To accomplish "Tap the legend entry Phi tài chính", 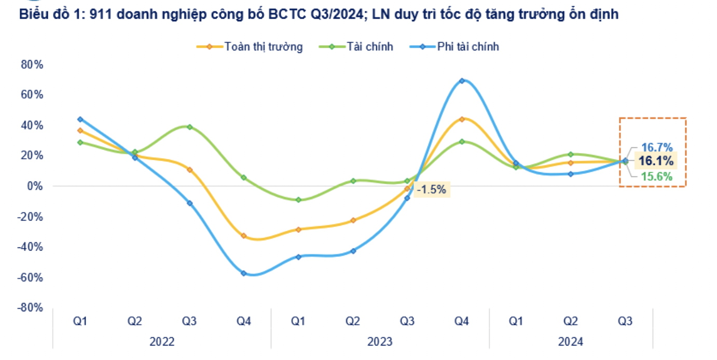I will pyautogui.click(x=467, y=47).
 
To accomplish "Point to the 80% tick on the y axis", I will pyautogui.click(x=32, y=64).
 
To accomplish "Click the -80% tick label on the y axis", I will pyautogui.click(x=31, y=307).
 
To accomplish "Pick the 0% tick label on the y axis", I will pyautogui.click(x=35, y=186).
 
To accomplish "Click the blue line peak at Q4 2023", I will pyautogui.click(x=461, y=80).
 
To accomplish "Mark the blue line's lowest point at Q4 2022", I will pyautogui.click(x=243, y=273).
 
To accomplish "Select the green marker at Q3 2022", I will pyautogui.click(x=189, y=127).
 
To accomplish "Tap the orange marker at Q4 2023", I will pyautogui.click(x=461, y=119).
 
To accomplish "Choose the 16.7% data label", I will pyautogui.click(x=657, y=147).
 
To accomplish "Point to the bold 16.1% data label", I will pyautogui.click(x=656, y=161).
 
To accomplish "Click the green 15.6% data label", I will pyautogui.click(x=657, y=177).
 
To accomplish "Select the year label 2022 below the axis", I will pyautogui.click(x=162, y=342).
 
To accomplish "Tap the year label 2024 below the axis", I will pyautogui.click(x=570, y=342).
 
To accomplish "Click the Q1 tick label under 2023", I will pyautogui.click(x=298, y=322).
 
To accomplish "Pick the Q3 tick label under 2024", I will pyautogui.click(x=625, y=322).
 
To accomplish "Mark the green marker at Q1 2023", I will pyautogui.click(x=298, y=200).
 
